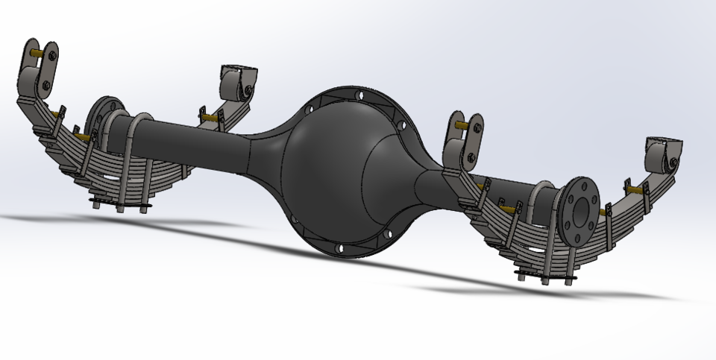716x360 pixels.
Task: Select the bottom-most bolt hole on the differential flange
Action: point(340,248)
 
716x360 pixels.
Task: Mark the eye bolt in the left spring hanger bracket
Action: point(245,92)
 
